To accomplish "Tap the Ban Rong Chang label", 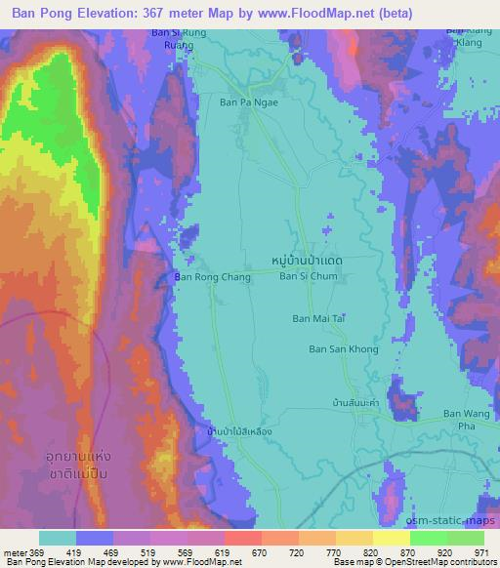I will (212, 277).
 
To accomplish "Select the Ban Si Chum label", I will (308, 276).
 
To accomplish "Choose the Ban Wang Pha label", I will (464, 419).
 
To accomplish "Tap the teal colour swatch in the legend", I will (58, 538).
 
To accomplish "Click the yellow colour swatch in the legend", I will (391, 538).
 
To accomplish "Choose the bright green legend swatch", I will (428, 538).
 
